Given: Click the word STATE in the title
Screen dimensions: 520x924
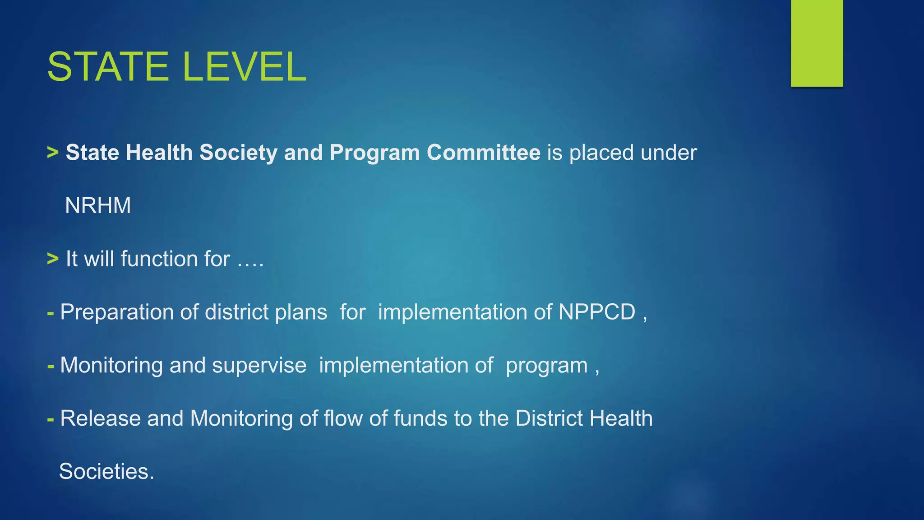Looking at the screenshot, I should click(x=107, y=67).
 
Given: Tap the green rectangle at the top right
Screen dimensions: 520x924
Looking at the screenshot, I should click(x=817, y=43).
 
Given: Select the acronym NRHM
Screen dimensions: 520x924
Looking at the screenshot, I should click(x=98, y=206).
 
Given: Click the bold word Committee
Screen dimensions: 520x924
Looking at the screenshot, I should click(x=483, y=153).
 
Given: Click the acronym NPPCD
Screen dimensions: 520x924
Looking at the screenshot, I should click(x=596, y=312).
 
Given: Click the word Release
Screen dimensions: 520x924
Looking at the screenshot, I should click(x=100, y=418).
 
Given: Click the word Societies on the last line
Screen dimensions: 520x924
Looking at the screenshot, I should click(x=106, y=471).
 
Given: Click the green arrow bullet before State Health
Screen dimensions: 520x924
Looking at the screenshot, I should click(x=53, y=153).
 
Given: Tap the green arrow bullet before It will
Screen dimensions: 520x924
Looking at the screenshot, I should click(x=53, y=259).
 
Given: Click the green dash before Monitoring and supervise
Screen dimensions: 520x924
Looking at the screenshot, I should click(x=51, y=365).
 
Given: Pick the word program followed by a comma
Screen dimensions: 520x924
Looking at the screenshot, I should click(x=546, y=365).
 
